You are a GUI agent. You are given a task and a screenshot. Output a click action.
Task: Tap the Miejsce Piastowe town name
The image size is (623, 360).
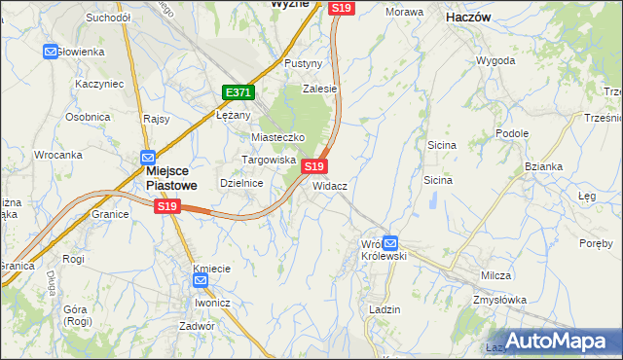(x=158, y=176)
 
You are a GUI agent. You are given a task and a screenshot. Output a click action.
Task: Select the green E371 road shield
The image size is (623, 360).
(x=238, y=92)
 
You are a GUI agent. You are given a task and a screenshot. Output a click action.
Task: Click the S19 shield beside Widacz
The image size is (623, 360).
(x=313, y=166)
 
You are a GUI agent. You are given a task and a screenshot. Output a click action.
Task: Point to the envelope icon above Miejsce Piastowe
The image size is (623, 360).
(x=147, y=157)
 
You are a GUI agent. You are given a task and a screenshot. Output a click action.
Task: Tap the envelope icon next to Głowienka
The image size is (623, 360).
(x=51, y=52)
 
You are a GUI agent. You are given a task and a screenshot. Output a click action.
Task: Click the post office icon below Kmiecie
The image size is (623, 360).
(x=201, y=281)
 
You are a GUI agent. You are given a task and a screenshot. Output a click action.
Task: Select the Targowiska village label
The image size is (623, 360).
(x=269, y=160)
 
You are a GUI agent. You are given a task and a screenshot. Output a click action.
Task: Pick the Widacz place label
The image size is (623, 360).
(x=330, y=185)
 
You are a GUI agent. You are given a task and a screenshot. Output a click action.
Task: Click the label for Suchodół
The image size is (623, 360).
(x=108, y=18)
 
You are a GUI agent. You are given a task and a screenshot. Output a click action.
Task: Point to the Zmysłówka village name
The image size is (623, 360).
(x=500, y=301)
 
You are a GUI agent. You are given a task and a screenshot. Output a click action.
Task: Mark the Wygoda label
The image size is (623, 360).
(x=495, y=60)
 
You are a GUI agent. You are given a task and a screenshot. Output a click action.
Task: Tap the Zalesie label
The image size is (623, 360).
(x=319, y=89)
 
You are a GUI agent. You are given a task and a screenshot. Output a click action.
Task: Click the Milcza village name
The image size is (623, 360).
(x=495, y=275)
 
